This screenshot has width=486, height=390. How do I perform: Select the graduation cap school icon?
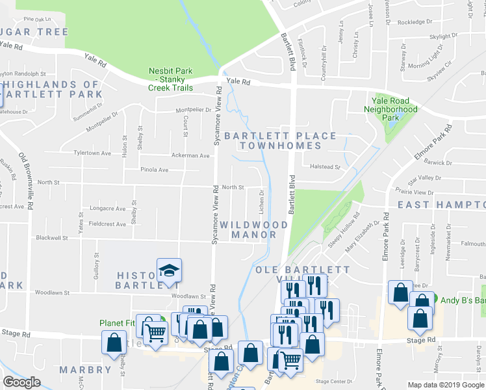pyautogui.click(x=169, y=271)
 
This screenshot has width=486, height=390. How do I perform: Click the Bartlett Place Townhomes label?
pyautogui.click(x=281, y=140)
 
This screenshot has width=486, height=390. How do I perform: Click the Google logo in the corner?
pyautogui.click(x=21, y=382)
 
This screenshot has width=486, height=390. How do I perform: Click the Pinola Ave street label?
pyautogui.click(x=155, y=170)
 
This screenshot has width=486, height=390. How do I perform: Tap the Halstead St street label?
pyautogui.click(x=325, y=167)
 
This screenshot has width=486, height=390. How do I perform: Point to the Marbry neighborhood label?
pyautogui.click(x=85, y=370)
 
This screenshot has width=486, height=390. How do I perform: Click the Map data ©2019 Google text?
pyautogui.click(x=445, y=385)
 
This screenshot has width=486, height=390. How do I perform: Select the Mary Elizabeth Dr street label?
pyautogui.click(x=362, y=237)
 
